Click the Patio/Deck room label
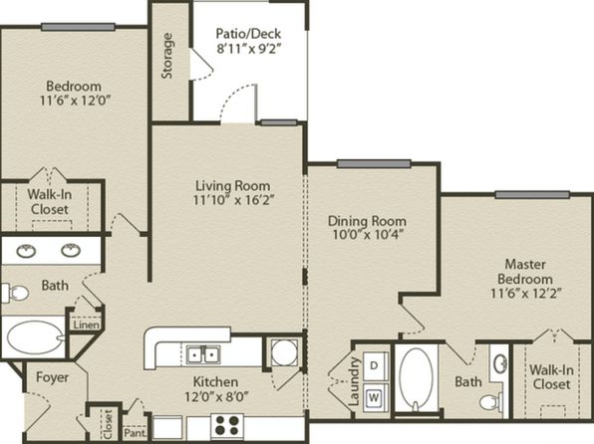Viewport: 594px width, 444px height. (248, 34)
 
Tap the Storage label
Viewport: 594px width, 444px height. (167, 56)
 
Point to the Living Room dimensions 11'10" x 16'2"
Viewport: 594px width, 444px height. (233, 200)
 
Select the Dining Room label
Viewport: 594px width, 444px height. (367, 221)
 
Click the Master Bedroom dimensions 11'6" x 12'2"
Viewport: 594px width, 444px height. (526, 293)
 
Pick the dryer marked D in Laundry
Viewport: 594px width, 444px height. (375, 365)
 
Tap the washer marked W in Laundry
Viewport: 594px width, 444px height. (375, 397)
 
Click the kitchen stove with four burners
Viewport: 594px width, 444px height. (227, 425)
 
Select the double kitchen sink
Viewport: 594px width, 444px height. (203, 354)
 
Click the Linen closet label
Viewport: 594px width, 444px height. (87, 325)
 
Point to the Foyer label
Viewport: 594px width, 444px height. (52, 377)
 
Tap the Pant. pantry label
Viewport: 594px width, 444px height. (135, 433)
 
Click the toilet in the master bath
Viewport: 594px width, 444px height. (491, 402)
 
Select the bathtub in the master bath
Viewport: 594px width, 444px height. (416, 379)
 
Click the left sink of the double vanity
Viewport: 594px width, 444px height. (26, 251)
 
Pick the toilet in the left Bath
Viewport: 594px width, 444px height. (15, 293)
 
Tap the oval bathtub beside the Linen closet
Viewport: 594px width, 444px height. (35, 336)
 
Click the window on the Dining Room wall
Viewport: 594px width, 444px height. (374, 163)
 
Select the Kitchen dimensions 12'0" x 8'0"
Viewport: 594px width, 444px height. (216, 396)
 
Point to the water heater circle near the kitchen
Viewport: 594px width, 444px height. (284, 352)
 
